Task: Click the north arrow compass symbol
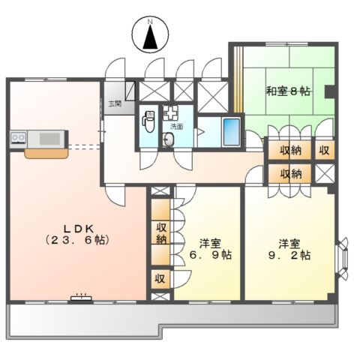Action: pos(150,34)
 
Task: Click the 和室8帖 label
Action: pos(287,91)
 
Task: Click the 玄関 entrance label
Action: pos(114,104)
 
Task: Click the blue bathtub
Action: pos(232,132)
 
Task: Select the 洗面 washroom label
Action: pos(178,127)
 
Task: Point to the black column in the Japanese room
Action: pos(328,93)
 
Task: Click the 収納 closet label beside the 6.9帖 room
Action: pos(160,233)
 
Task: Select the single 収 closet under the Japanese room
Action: pos(325,150)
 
